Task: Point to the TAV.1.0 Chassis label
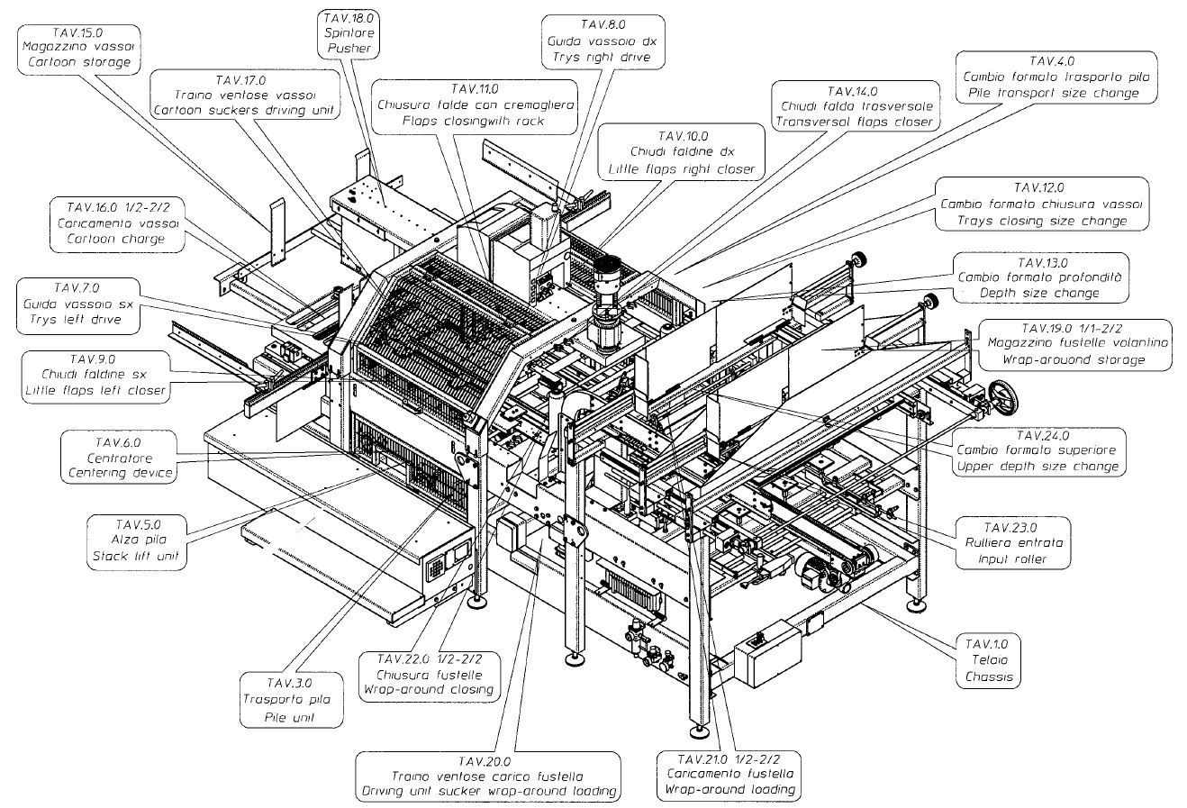988,660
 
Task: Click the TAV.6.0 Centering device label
119,457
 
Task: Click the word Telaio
988,660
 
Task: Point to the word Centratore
119,457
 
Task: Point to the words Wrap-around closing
429,690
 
